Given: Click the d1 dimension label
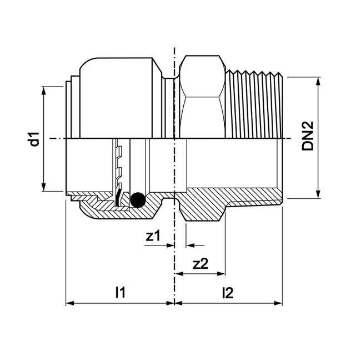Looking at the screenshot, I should [x=34, y=139].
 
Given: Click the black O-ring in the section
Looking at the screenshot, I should [x=137, y=198].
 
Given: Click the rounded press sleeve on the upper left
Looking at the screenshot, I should [x=119, y=97].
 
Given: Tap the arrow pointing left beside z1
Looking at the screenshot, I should [x=190, y=244].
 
